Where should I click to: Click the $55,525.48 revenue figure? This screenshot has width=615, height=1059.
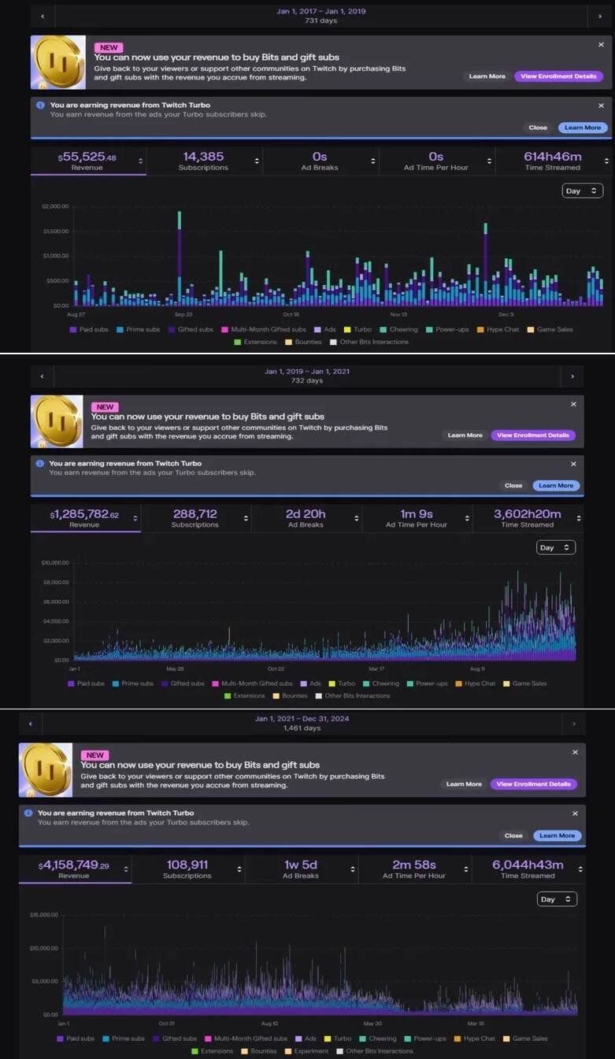tap(87, 157)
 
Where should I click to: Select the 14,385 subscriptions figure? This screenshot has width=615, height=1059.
tap(203, 157)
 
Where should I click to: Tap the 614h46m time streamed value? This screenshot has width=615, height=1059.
tap(552, 157)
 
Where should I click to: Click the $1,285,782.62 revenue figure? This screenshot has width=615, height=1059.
tap(85, 514)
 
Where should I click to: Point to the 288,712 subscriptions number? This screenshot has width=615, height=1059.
tap(195, 514)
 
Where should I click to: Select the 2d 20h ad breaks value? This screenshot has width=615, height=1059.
tap(306, 514)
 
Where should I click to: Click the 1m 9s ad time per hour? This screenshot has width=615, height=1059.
tap(417, 514)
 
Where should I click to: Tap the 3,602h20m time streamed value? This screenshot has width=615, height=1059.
tap(527, 514)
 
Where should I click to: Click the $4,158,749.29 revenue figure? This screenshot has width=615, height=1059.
tap(73, 865)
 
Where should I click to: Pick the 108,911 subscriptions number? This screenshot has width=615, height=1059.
tap(187, 865)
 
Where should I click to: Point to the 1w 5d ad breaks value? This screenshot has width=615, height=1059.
tap(301, 865)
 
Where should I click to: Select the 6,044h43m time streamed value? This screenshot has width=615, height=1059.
tap(528, 865)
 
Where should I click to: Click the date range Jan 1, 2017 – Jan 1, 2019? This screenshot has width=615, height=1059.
tap(320, 12)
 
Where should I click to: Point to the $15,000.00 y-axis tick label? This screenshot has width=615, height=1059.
tap(45, 915)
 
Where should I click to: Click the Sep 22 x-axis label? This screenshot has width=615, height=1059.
tap(183, 313)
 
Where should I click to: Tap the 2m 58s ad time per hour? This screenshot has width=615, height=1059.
tap(414, 865)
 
